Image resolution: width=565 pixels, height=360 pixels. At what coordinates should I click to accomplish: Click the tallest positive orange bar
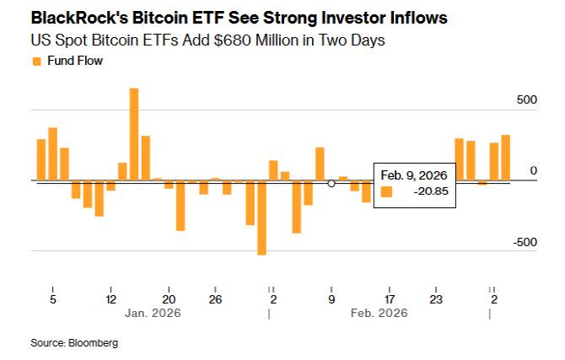pos(134,134)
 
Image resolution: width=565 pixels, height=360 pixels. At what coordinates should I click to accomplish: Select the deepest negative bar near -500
pos(261,218)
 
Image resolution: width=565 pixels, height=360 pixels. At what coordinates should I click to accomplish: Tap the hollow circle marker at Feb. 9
pos(331,184)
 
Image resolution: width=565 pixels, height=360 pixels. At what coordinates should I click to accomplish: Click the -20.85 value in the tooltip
pos(431,191)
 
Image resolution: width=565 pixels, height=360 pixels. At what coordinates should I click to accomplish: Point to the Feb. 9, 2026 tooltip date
pos(414,175)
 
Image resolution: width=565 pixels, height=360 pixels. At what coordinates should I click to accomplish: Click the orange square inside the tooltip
pos(386,191)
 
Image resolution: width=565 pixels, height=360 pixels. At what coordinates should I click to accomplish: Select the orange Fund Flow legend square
pos(37,62)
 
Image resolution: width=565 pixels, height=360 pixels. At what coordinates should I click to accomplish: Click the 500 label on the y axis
pos(526,99)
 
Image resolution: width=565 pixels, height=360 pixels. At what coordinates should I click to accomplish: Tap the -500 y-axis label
pos(525,242)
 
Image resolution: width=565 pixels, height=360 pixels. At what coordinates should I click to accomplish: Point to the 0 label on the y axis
pos(533,170)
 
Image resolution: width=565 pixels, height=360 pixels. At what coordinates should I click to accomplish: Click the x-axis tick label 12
pos(110,299)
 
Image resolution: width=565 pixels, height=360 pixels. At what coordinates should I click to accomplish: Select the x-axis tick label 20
pos(169,299)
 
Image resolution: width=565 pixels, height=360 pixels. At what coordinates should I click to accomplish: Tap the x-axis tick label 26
pos(215,299)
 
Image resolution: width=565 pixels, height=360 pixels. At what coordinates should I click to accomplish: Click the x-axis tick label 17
pos(389,299)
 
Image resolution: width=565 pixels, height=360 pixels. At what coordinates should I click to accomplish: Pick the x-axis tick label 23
pos(436,299)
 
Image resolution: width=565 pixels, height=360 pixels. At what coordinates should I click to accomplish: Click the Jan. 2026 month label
pos(153,313)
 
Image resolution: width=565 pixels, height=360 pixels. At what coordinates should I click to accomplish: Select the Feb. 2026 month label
pos(379,313)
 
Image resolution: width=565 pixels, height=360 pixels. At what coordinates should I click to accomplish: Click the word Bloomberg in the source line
pos(93,342)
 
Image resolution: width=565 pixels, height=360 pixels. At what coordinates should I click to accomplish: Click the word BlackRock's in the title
pos(79,18)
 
